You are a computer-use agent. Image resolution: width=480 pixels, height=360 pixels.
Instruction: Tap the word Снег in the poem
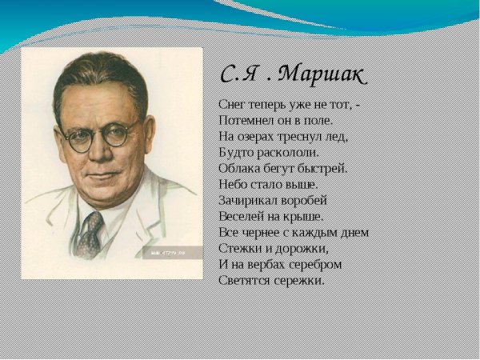(232, 104)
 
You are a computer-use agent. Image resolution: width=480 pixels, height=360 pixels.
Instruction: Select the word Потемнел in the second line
(244, 120)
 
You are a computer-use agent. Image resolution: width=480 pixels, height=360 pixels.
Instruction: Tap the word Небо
(232, 184)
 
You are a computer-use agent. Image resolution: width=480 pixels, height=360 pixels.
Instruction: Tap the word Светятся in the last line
(244, 280)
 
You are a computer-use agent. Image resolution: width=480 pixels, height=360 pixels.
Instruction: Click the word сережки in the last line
(300, 280)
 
